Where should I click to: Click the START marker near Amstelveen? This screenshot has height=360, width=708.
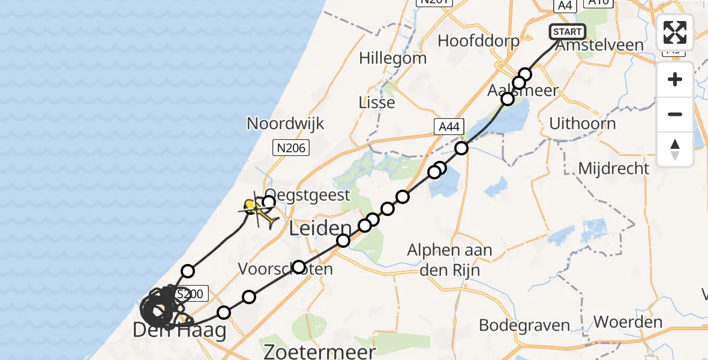pos(567,32)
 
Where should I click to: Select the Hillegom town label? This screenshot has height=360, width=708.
pos(393,58)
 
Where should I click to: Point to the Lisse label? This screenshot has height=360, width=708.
pos(377,102)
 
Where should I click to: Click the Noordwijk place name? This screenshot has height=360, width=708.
pos(286,124)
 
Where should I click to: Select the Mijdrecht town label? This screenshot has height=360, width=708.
pos(613,168)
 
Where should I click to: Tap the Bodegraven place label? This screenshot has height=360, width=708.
pos(524,325)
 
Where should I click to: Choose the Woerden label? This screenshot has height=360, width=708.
pos(628,322)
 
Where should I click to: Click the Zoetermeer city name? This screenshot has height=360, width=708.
pos(320,351)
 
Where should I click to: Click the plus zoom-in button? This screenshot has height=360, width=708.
pos(675,80)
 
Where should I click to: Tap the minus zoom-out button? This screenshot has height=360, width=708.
pos(675,114)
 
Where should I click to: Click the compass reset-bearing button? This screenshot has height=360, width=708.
pos(675,148)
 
